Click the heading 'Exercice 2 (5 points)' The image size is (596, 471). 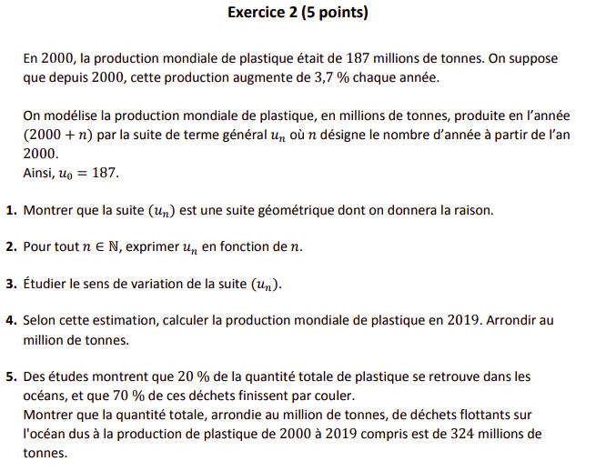point(298,14)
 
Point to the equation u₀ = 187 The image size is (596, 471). point(88,173)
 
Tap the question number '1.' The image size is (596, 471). point(11,210)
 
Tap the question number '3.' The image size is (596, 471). point(11,284)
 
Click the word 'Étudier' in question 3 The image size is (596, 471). point(45,284)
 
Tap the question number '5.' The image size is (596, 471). point(11,376)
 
